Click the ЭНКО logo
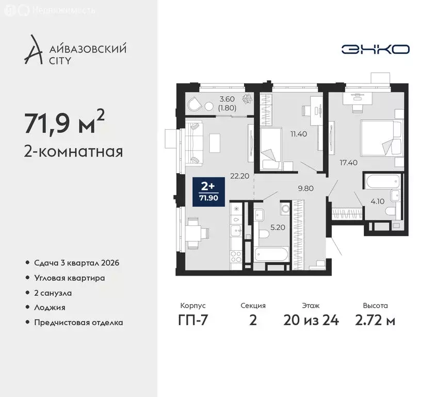[x=375, y=49]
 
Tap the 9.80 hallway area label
[x=306, y=188]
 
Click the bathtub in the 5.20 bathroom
[x=271, y=254]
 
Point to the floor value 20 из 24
[x=311, y=320]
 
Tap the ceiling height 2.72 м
[x=376, y=320]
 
